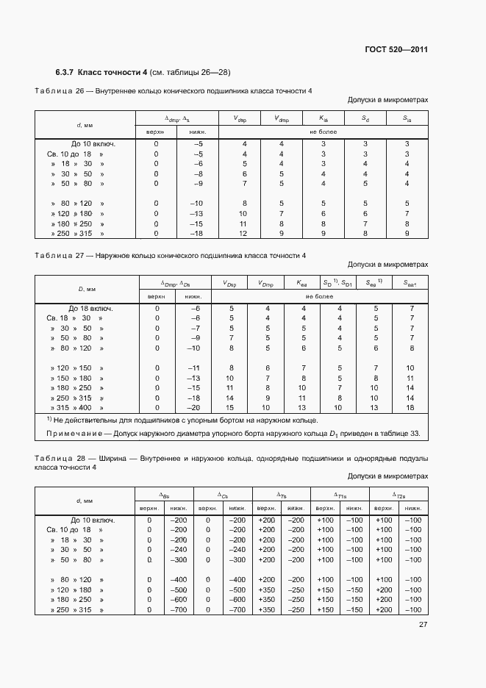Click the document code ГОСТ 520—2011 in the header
point(396,49)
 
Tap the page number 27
point(423,625)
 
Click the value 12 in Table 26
point(244,233)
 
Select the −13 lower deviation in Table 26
point(196,213)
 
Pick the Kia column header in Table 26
point(324,118)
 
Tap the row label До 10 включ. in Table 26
point(93,144)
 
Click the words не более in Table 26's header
point(324,132)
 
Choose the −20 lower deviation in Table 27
point(193,407)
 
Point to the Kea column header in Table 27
point(302,283)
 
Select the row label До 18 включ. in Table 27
point(91,309)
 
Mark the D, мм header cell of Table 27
point(87,290)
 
